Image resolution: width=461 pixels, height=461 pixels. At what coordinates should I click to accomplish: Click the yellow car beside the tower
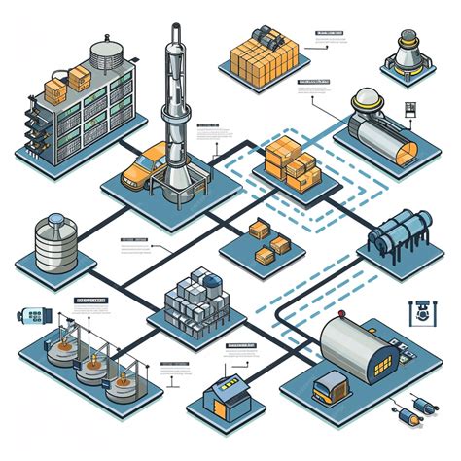coord(143,167)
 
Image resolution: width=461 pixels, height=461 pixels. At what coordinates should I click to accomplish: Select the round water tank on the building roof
coord(102,53)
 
